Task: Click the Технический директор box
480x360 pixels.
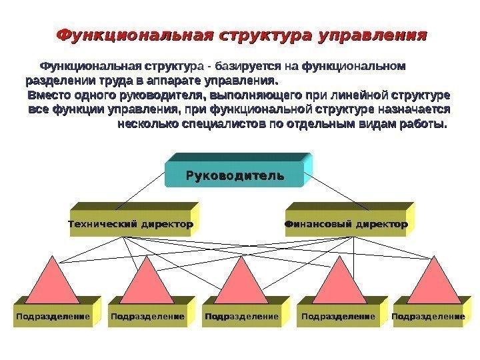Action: [131, 225]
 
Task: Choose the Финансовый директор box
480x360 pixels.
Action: [347, 225]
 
